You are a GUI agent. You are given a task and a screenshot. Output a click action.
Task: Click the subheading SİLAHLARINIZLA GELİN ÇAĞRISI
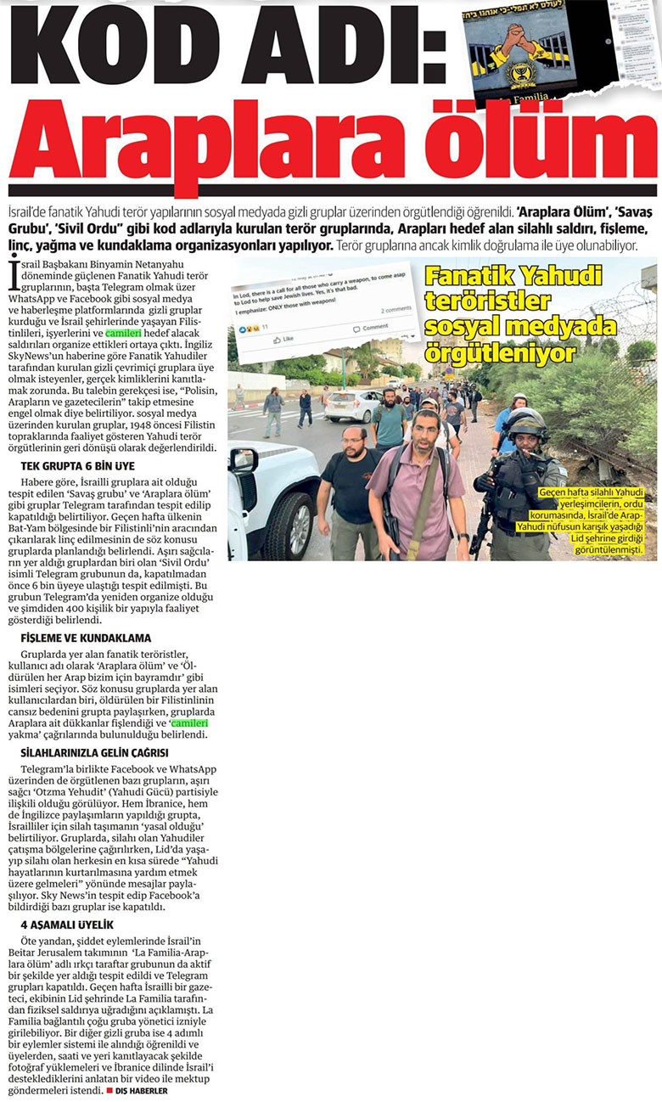pos(94,752)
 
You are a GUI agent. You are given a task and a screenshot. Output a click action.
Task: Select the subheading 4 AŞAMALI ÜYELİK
pos(67,924)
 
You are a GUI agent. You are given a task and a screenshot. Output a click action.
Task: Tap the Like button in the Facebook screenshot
pos(283,340)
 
